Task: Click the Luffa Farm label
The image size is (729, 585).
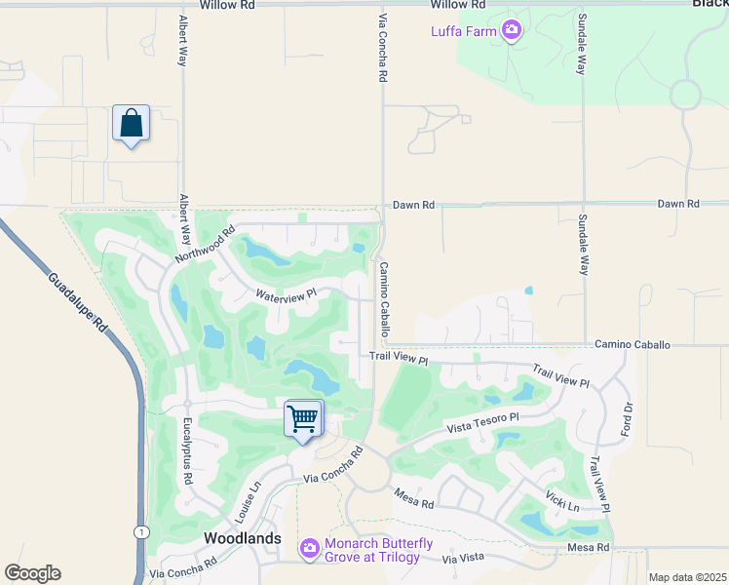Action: [x=464, y=31]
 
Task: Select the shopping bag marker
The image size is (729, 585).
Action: [x=131, y=124]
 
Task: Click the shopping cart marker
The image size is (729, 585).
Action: [x=303, y=419]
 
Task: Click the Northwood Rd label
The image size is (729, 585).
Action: [x=206, y=245]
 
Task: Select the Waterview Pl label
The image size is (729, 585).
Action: [x=286, y=293]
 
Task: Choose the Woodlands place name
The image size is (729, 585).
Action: [x=242, y=538]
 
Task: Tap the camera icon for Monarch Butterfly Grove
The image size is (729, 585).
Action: [x=310, y=550]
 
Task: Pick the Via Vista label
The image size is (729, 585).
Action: [x=463, y=559]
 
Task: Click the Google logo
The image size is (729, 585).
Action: [x=32, y=573]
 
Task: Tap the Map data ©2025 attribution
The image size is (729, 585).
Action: [x=687, y=577]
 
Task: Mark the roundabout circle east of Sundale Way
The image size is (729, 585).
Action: [x=685, y=95]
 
